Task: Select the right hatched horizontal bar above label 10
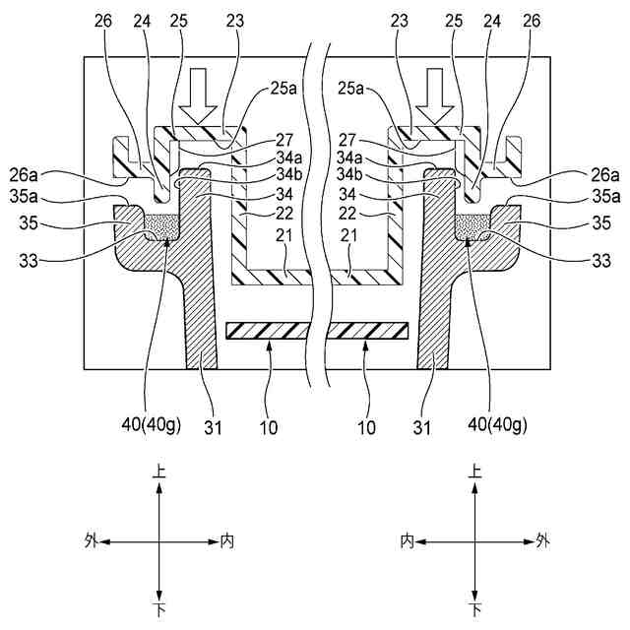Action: [x=368, y=331]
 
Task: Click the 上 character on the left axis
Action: [x=159, y=472]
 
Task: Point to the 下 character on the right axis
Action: [x=475, y=610]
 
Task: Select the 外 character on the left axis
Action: [x=92, y=540]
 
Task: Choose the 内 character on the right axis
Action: [x=407, y=540]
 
